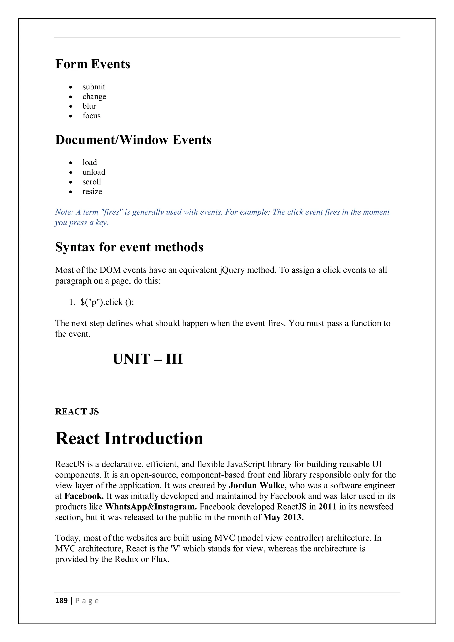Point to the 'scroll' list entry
92,182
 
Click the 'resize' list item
92,192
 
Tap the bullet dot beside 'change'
71,97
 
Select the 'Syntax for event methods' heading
129,247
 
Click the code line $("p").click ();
107,302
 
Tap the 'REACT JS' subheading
77,412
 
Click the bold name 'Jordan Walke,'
257,485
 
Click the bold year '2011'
327,507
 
